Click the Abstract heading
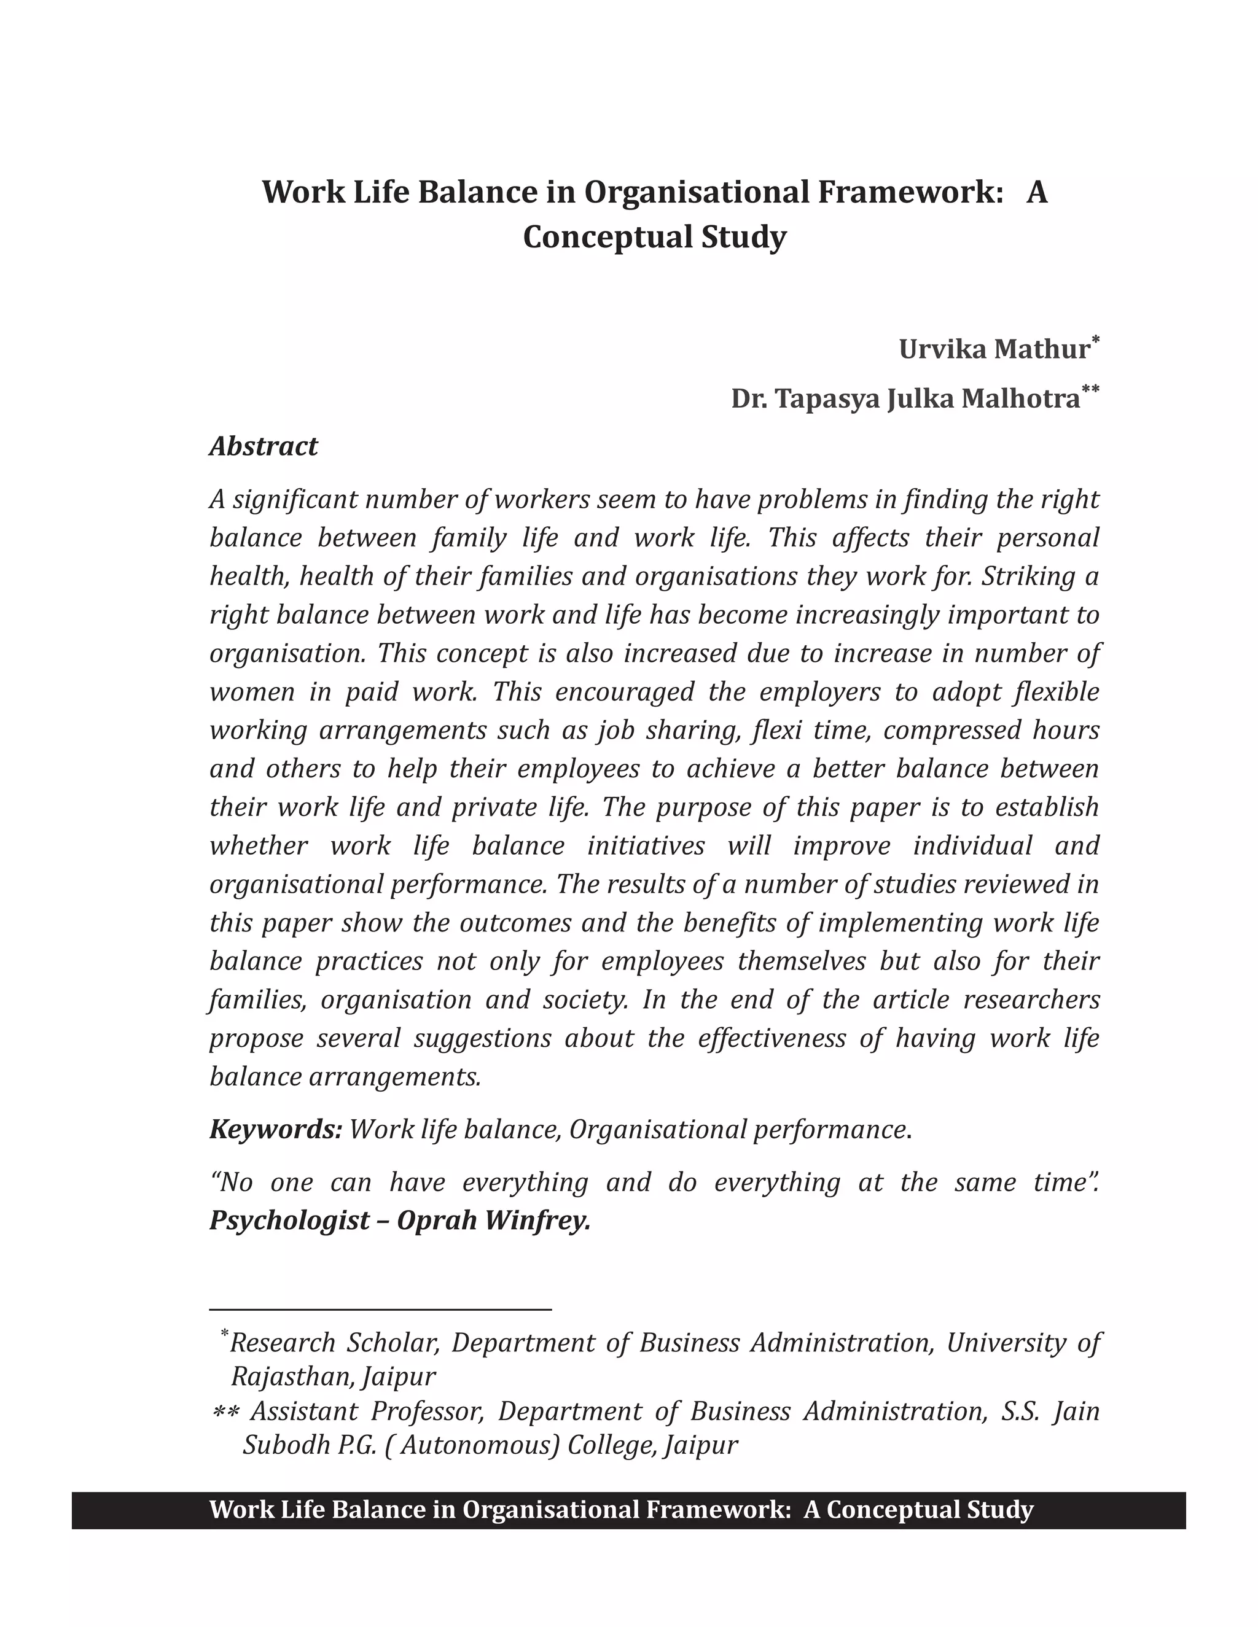point(263,446)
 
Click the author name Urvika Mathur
point(993,349)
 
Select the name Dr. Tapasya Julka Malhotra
point(905,399)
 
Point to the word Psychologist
point(289,1221)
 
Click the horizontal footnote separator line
point(380,1309)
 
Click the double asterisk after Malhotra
point(1090,390)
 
